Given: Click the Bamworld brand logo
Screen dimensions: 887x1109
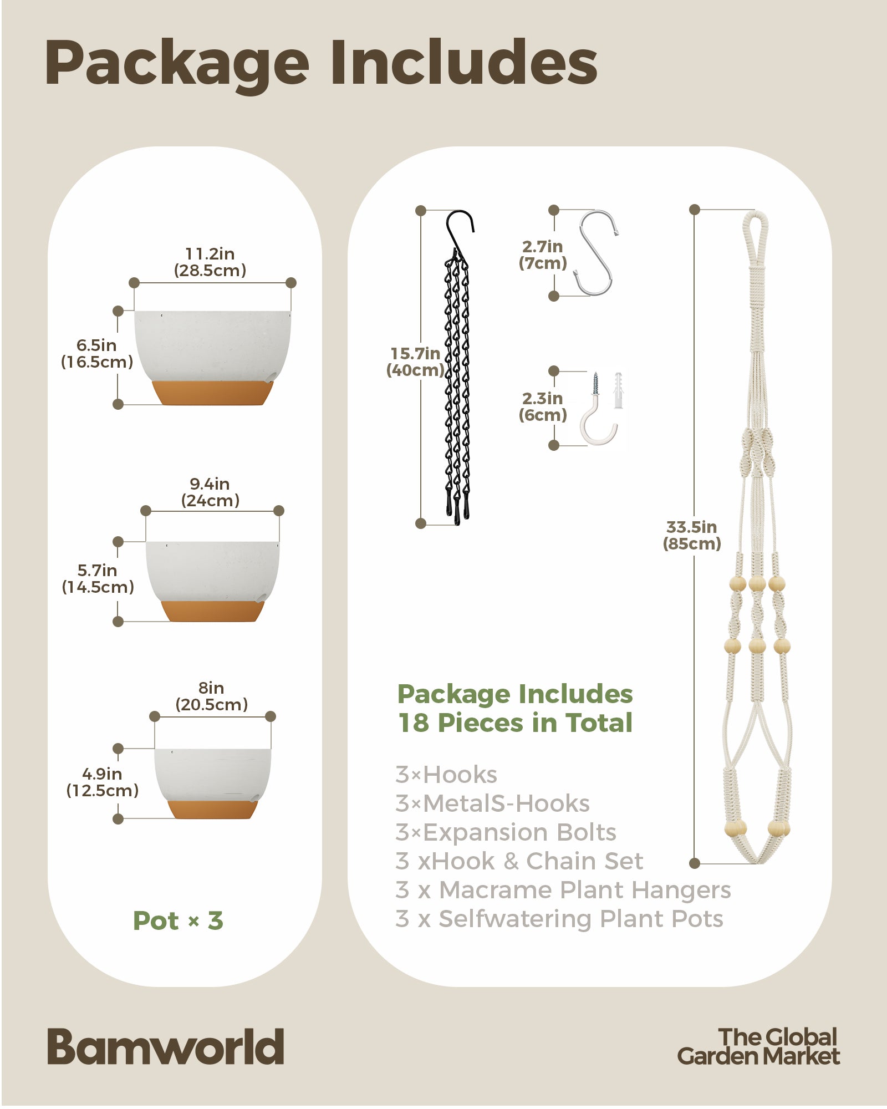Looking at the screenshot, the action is coord(165,1046).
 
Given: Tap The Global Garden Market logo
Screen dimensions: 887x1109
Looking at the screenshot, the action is coord(758,1046).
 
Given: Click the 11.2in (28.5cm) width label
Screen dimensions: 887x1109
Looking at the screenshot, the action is coord(210,262).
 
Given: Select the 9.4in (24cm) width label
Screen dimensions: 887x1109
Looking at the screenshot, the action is coord(210,492).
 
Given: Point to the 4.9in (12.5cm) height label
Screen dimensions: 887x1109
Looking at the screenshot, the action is coord(102,782).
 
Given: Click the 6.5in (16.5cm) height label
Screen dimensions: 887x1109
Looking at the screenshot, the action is coord(97,353).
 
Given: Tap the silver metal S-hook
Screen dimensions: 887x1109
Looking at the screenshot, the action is coord(597,252).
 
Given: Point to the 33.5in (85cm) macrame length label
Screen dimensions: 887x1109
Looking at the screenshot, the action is coord(692,535).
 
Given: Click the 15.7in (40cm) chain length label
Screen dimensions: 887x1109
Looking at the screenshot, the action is coord(415,362).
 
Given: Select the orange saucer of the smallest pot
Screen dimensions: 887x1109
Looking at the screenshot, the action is coord(213,809).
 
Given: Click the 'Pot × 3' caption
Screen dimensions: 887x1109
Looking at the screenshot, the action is coord(178,921).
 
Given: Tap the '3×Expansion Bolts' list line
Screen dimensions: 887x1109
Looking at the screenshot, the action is coord(506,832).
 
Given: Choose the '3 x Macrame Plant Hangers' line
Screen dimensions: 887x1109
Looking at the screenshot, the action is coord(563,890).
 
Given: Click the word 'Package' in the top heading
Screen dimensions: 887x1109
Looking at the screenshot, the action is coord(177,64).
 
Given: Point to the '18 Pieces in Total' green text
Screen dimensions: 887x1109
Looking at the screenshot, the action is coord(516,723).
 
